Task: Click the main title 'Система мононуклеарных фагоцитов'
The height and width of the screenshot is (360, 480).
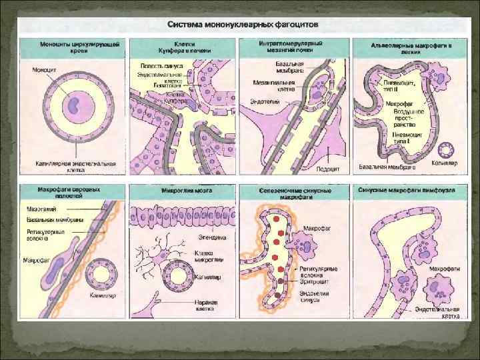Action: point(243,24)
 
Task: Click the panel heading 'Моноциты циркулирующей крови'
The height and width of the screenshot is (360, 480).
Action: point(71,47)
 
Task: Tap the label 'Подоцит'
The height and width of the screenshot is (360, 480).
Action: point(328,169)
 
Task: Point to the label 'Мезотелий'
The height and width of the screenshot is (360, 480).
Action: point(38,208)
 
